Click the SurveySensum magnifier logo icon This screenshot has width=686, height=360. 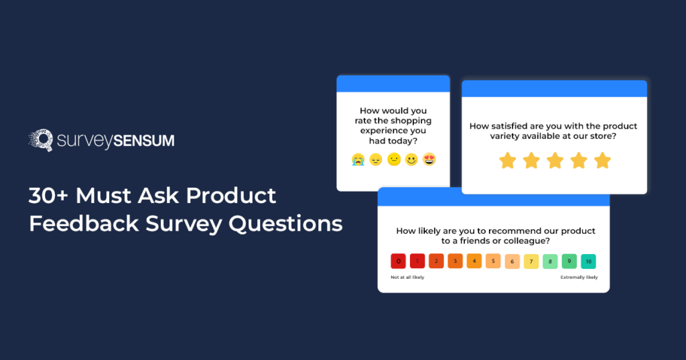click(x=40, y=140)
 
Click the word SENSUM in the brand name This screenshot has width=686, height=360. click(x=144, y=141)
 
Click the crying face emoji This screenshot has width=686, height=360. click(x=358, y=160)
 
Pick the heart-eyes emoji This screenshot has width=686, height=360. click(x=429, y=160)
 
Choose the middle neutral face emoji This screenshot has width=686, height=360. click(x=393, y=160)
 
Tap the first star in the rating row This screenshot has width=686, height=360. click(x=508, y=161)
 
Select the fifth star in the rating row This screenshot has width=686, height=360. click(x=602, y=161)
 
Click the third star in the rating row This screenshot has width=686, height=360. click(x=555, y=161)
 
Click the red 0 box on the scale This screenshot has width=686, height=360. click(x=399, y=261)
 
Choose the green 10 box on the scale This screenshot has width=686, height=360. click(x=588, y=261)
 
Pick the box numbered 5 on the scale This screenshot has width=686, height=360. click(x=493, y=261)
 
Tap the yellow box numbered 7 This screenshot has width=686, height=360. click(x=531, y=261)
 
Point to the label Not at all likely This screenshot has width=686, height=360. click(x=407, y=277)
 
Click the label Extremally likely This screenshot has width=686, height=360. click(x=579, y=277)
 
